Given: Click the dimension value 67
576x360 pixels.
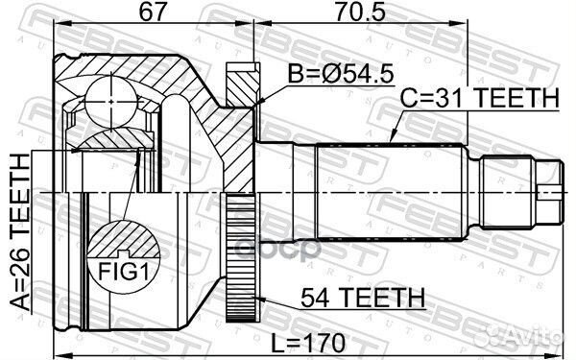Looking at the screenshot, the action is (153, 12).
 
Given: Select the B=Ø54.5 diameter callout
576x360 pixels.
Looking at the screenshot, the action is (341, 74).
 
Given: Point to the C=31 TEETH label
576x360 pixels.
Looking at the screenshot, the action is (479, 97).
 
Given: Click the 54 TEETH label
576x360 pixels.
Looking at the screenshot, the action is (363, 298).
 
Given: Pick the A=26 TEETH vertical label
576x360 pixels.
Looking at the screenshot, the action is (19, 232).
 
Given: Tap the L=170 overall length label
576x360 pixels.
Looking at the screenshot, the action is (308, 344).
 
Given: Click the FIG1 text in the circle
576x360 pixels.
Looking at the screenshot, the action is (123, 272).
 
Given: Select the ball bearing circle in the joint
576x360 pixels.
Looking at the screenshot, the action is (111, 102).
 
